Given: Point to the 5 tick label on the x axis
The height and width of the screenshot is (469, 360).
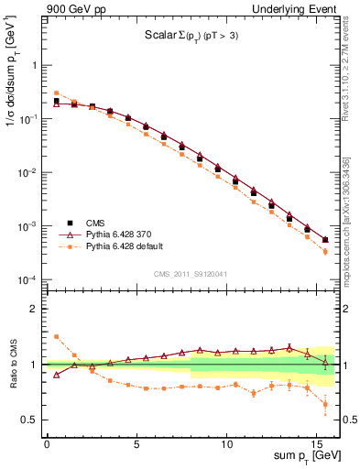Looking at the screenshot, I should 136,442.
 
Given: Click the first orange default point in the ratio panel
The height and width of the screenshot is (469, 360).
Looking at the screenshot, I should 56,336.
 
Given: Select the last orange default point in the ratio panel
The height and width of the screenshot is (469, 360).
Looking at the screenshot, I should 325,404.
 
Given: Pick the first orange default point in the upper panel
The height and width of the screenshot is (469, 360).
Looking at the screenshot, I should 56,93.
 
